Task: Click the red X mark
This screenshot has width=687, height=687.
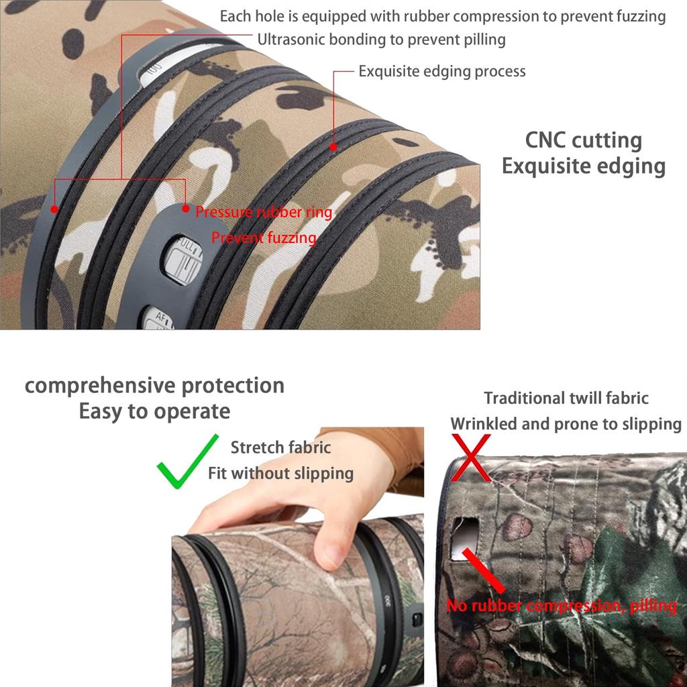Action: (x=470, y=457)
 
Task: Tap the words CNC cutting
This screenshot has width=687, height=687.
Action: (x=583, y=140)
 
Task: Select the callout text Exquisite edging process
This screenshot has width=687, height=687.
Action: (x=441, y=71)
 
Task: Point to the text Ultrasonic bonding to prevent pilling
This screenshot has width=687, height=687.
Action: (x=381, y=40)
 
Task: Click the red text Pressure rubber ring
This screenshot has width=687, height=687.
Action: (x=264, y=213)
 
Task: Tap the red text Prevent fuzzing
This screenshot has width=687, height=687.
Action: (x=264, y=237)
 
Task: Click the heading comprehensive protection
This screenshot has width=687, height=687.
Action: (x=154, y=386)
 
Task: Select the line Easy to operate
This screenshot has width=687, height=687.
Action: (x=154, y=411)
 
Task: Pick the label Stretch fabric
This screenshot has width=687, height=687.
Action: (x=280, y=447)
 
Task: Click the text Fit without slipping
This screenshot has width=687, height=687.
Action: (x=280, y=473)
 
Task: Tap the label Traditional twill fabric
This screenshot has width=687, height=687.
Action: (x=566, y=398)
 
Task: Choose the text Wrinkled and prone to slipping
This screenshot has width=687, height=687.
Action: (x=566, y=424)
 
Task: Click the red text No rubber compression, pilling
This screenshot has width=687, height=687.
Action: (x=562, y=606)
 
